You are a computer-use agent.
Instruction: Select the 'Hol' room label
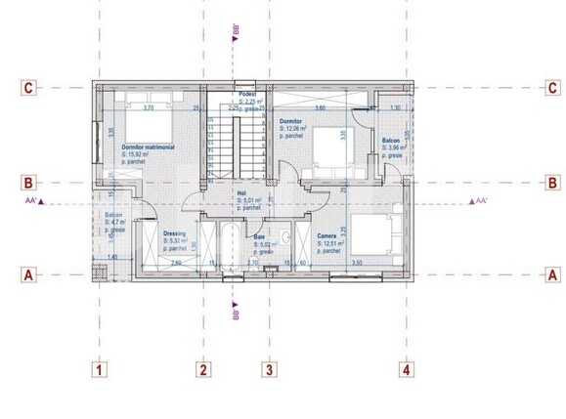point(241,193)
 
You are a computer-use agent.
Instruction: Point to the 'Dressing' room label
point(150,232)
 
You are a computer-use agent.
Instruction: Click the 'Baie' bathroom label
point(259,236)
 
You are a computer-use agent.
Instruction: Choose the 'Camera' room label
point(328,236)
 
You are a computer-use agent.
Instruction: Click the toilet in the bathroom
point(285,237)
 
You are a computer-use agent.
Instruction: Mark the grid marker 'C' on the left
point(29,88)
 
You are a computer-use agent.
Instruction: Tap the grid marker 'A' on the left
point(29,274)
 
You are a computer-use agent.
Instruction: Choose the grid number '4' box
point(405,369)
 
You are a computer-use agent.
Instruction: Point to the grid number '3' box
point(269,369)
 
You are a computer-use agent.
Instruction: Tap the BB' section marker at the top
point(236,38)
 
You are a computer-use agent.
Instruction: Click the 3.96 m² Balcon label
point(392,147)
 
